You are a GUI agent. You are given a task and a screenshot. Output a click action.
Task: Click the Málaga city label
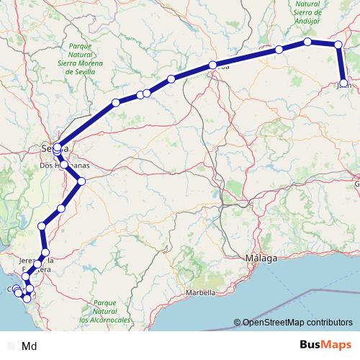(260, 258)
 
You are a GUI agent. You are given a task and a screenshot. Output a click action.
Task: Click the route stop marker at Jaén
(343, 83)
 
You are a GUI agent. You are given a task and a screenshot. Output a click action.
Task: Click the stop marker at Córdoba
(213, 66)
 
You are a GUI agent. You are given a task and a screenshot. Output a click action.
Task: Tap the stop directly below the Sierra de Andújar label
(307, 42)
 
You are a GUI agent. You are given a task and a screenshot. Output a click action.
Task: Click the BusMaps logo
(321, 345)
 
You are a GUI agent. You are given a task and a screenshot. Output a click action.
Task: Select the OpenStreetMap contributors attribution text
(297, 323)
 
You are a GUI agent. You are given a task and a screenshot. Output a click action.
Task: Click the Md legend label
(30, 346)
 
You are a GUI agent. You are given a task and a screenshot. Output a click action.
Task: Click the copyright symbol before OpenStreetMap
(238, 323)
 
